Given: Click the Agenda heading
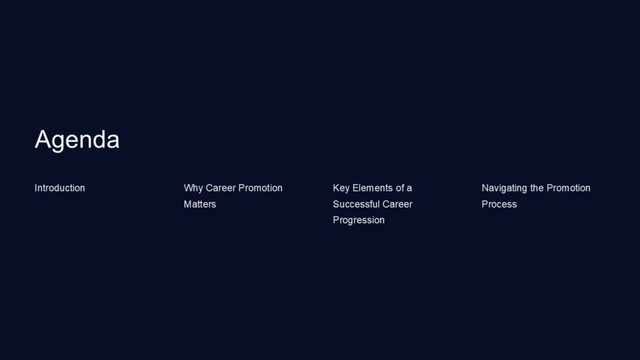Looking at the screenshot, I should [77, 139].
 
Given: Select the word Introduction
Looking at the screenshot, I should [59, 188].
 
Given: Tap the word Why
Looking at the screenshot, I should [193, 188].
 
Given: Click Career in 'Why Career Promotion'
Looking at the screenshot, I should [221, 188].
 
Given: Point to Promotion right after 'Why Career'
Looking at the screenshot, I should [261, 188].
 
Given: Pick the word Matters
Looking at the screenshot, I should [199, 204].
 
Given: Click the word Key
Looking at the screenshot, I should [341, 188].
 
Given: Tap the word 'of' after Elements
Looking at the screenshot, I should [401, 188].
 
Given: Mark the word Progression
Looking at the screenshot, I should [358, 221].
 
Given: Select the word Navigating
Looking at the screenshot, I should [504, 188].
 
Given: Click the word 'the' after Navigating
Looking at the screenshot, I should [537, 188].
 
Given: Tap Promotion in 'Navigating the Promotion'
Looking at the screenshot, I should [569, 188].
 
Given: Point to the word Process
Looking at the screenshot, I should [499, 204].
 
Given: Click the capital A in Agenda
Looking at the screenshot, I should [42, 139].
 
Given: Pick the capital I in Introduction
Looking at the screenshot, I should [36, 188].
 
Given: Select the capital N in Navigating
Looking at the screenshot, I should [486, 188].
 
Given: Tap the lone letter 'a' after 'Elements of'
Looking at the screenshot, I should [409, 188].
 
